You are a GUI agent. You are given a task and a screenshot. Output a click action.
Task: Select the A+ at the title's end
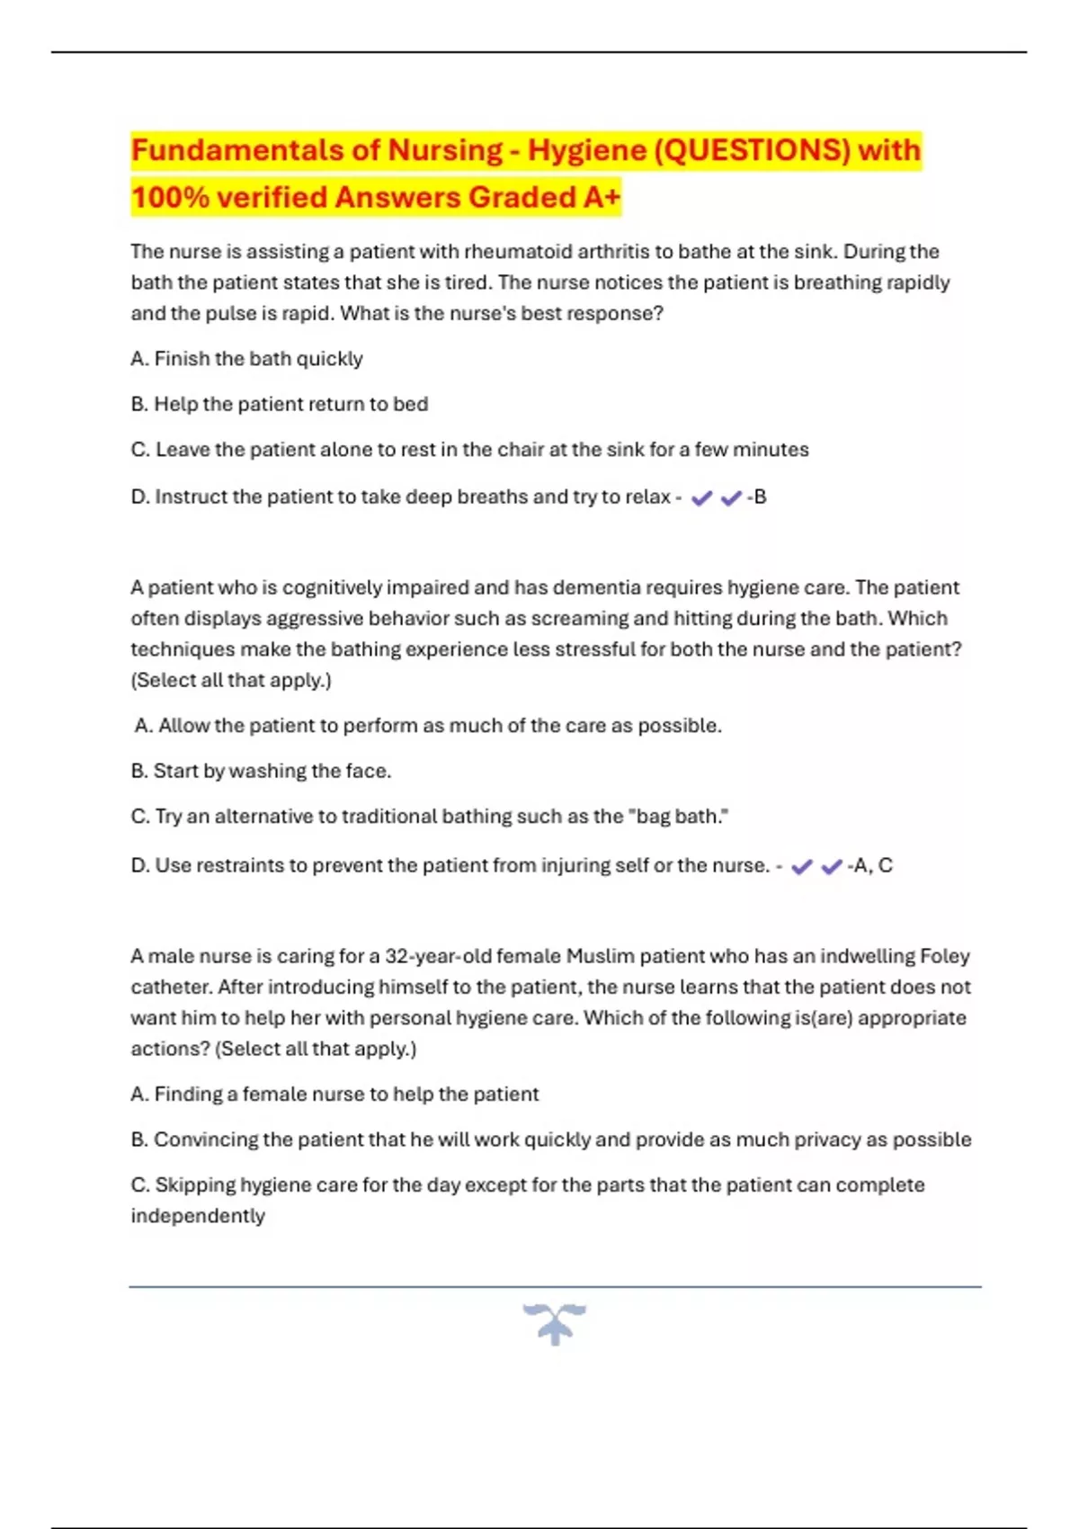point(602,197)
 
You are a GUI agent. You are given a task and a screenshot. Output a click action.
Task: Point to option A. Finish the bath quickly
point(246,359)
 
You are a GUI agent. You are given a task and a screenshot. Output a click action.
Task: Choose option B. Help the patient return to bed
point(279,405)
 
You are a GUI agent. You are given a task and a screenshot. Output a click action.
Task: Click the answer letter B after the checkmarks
point(760,497)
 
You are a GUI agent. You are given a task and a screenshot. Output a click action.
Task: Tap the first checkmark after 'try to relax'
point(701,497)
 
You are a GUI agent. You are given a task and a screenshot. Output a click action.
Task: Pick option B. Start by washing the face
point(261,772)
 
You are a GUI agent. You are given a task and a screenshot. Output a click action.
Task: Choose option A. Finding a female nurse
point(334,1095)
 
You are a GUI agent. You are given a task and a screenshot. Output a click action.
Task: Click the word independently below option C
point(198,1217)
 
